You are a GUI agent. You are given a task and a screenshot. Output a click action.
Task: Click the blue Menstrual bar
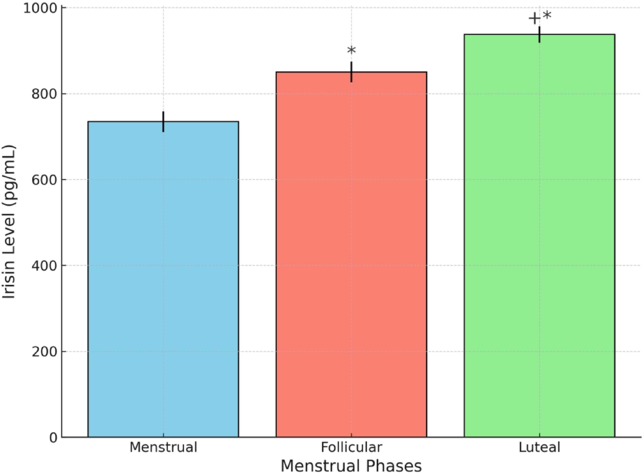point(163,279)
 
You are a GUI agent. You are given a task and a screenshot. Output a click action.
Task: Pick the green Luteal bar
point(539,235)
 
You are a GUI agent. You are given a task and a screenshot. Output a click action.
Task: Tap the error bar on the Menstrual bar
point(163,121)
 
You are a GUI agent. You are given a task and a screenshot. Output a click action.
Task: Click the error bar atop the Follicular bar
point(352,72)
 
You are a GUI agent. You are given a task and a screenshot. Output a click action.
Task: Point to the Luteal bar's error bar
point(539,34)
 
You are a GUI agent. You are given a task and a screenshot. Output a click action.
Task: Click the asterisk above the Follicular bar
point(352,51)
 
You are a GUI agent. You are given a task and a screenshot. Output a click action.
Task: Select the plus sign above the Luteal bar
point(534,18)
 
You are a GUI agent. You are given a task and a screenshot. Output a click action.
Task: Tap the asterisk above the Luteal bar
point(547,16)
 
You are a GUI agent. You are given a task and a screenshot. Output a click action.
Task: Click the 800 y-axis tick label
point(44,94)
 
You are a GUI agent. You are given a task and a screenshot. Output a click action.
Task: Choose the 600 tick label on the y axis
point(44,180)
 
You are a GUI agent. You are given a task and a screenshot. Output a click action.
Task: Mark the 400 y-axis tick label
point(44,266)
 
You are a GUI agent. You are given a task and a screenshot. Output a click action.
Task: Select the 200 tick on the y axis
point(44,352)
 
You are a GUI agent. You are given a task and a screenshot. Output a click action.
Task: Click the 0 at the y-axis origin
point(53,438)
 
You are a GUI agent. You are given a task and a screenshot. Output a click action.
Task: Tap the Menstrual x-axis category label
point(163,447)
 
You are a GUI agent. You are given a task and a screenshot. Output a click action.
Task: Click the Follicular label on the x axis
point(352,447)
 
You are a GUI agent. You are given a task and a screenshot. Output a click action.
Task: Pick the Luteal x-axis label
point(539,447)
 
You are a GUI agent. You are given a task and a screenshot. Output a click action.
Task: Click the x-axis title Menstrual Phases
point(351,465)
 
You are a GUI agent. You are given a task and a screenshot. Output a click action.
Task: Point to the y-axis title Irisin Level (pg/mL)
point(9,222)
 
